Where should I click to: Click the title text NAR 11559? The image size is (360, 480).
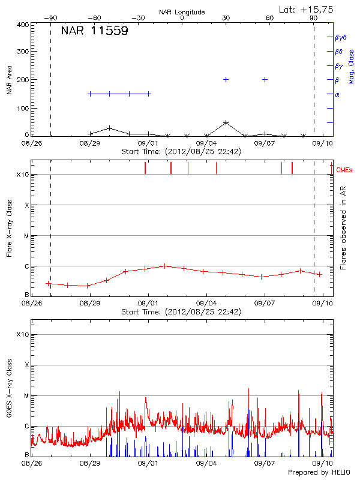click(94, 32)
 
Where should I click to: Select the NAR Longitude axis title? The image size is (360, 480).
click(182, 12)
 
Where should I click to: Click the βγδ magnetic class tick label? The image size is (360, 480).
click(340, 37)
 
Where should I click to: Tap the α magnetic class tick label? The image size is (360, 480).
click(337, 94)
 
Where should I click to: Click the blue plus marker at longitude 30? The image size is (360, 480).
click(226, 79)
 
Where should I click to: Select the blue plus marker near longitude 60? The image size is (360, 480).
click(265, 79)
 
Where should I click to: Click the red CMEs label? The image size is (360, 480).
click(345, 170)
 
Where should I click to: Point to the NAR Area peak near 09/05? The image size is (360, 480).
click(226, 122)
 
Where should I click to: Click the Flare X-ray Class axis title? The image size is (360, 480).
click(10, 227)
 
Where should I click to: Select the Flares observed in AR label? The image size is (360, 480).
click(343, 227)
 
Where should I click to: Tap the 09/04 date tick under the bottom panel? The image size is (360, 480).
click(206, 463)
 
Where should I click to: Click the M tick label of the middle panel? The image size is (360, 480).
click(25, 236)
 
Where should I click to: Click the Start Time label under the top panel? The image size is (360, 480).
click(181, 152)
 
